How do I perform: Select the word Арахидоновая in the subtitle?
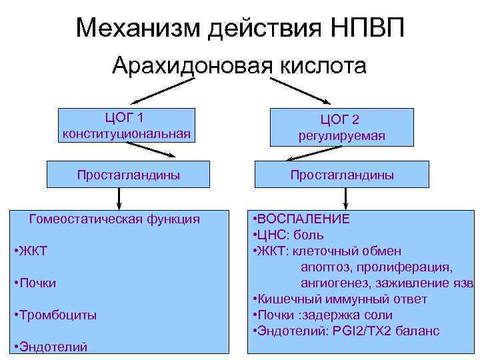click(x=188, y=66)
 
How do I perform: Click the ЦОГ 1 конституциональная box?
click(x=127, y=125)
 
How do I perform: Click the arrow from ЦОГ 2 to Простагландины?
click(x=304, y=154)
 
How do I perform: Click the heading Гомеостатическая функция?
click(x=115, y=219)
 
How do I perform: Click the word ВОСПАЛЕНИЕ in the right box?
click(x=303, y=219)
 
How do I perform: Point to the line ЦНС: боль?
click(x=291, y=235)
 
